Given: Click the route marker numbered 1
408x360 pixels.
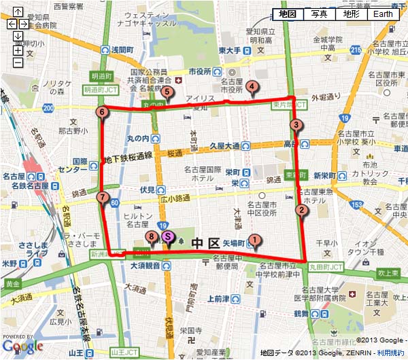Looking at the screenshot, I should point(254,239).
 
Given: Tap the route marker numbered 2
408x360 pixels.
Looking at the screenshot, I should point(301,210).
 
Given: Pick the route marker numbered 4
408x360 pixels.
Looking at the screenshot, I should point(252,86).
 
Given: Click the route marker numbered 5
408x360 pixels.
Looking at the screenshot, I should point(167,94).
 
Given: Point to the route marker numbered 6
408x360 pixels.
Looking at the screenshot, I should point(102,112).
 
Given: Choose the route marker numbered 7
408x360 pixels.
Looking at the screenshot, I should point(102,198).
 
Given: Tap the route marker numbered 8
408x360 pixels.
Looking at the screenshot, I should point(151,236).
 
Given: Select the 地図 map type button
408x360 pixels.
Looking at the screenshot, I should point(288,14).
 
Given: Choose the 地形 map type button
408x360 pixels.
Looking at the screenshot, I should point(351,14).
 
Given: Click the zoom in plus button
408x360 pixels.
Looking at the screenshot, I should point(18,50).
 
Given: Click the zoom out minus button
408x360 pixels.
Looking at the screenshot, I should point(18,62).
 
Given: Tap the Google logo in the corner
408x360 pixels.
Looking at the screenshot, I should point(18,346).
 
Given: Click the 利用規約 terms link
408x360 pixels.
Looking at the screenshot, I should point(391,353).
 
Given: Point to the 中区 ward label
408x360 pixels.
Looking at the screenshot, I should point(204,242).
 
